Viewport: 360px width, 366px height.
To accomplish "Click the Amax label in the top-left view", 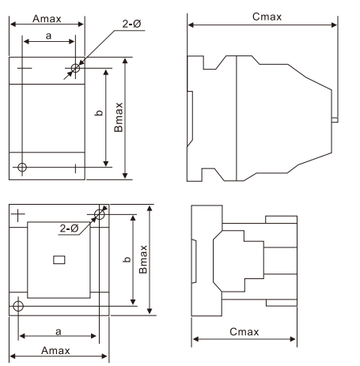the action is (47, 19).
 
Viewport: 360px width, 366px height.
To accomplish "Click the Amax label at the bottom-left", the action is (55, 350).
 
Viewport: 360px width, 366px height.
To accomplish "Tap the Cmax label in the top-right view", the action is (267, 17).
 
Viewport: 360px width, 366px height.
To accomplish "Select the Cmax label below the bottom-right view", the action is (244, 331).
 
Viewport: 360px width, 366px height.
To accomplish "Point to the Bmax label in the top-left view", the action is (119, 117).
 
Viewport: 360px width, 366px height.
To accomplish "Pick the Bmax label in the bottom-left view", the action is (143, 259).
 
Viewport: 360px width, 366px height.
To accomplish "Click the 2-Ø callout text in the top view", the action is (131, 24).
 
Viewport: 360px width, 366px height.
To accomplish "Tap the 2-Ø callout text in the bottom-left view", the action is (69, 228).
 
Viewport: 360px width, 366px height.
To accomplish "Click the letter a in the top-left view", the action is (48, 36).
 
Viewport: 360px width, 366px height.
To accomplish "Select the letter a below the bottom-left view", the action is (59, 331).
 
